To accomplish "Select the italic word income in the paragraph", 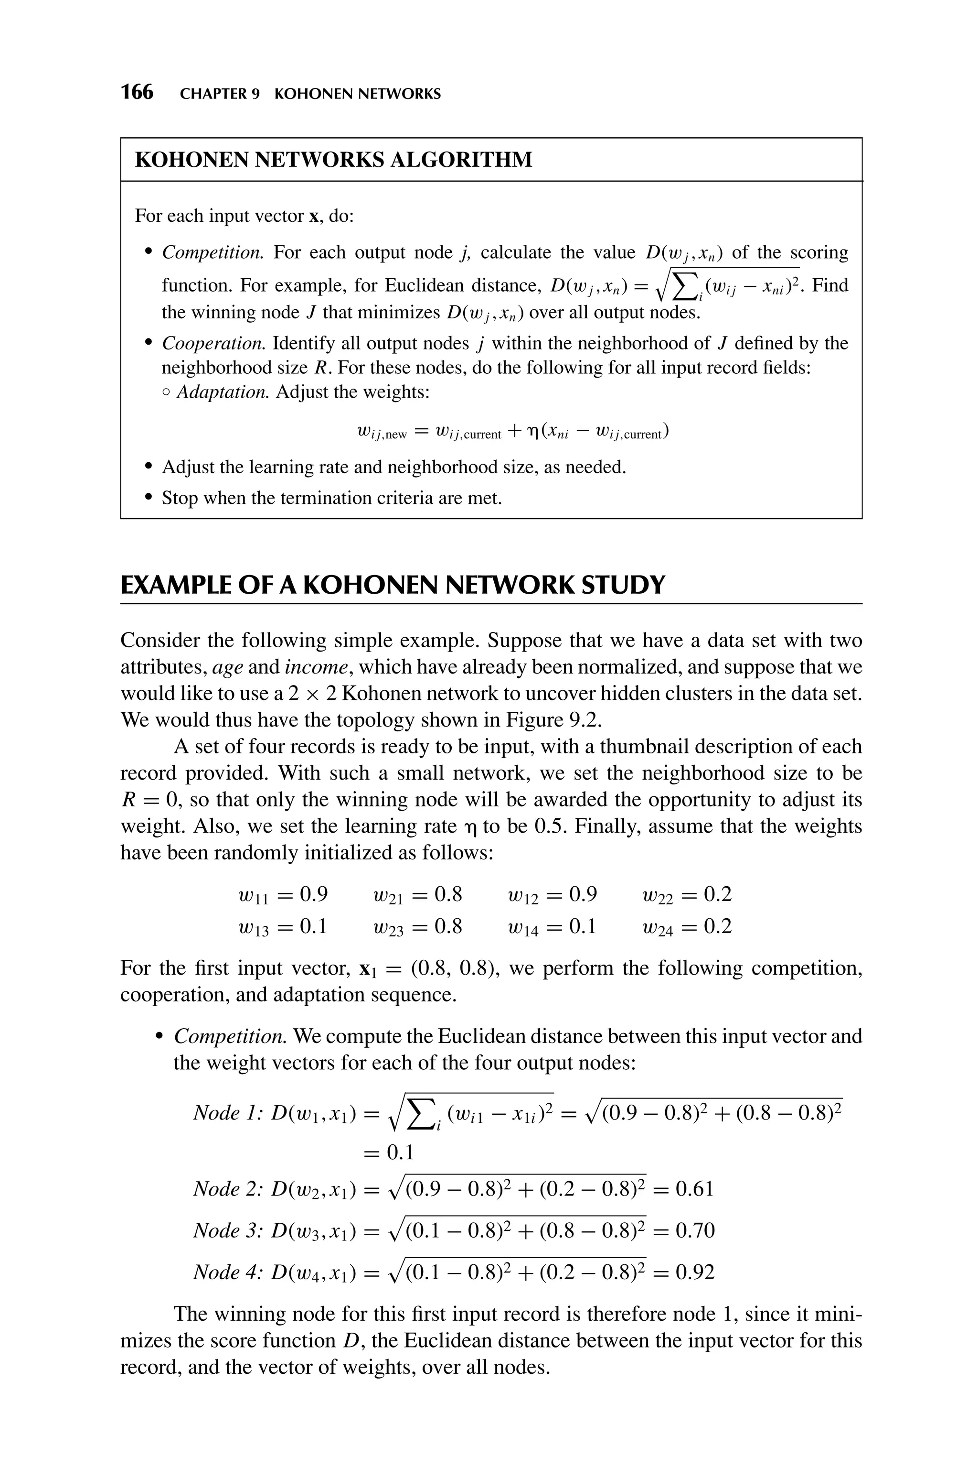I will click(316, 667).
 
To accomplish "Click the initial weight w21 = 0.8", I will click(416, 895).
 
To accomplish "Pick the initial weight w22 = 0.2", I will click(686, 895).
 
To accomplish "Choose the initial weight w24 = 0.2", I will click(686, 926).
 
